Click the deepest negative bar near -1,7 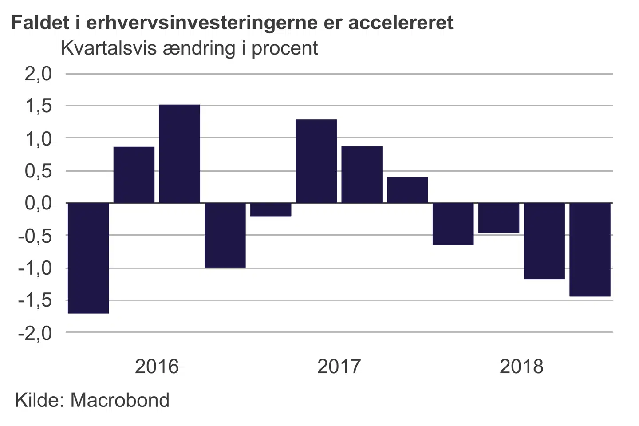pos(88,258)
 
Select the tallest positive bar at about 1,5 pos(180,154)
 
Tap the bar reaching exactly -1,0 pos(225,235)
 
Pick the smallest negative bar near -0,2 pos(271,209)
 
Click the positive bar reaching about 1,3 pos(316,161)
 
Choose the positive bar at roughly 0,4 pos(407,190)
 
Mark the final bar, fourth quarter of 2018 pos(590,249)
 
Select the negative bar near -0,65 pos(453,224)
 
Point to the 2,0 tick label pos(38,74)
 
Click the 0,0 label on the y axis pos(38,203)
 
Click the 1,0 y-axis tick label pos(38,139)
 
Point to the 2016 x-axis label pos(157,367)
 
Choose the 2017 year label pos(339,367)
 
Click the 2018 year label pos(521,367)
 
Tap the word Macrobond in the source pos(120,400)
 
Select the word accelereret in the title pos(401,23)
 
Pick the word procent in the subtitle pos(284,48)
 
